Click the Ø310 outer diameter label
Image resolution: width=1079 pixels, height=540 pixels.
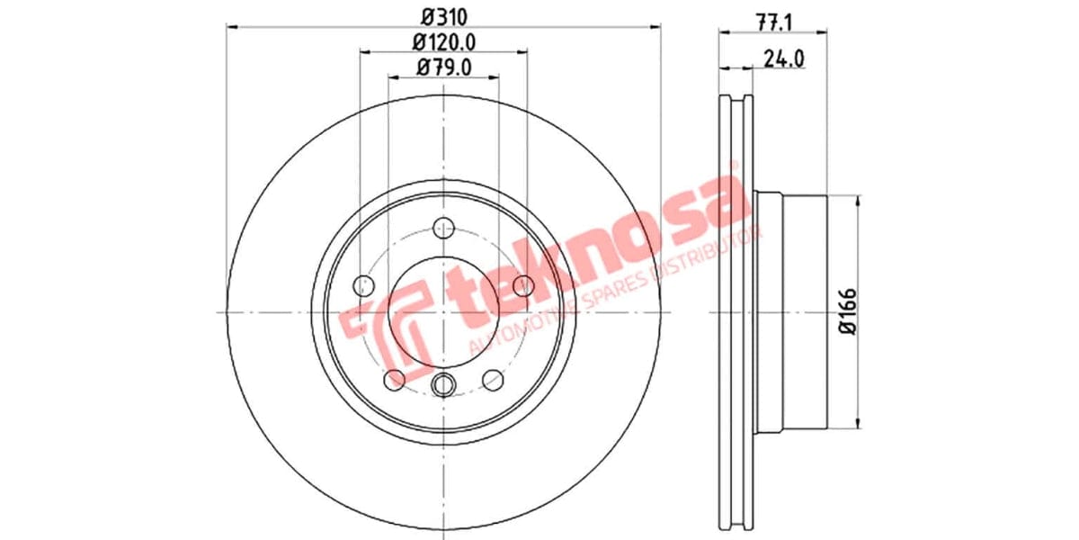pos(442,15)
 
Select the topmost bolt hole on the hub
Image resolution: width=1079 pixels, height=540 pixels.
pos(442,228)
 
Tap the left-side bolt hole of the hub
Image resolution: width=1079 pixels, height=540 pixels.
pos(363,286)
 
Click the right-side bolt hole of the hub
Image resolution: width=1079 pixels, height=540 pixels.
pos(522,286)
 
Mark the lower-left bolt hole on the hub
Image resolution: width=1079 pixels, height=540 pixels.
pos(394,380)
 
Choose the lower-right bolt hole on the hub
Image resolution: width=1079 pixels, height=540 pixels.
pos(492,380)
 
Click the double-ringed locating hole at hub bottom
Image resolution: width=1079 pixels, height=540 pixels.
pos(442,385)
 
